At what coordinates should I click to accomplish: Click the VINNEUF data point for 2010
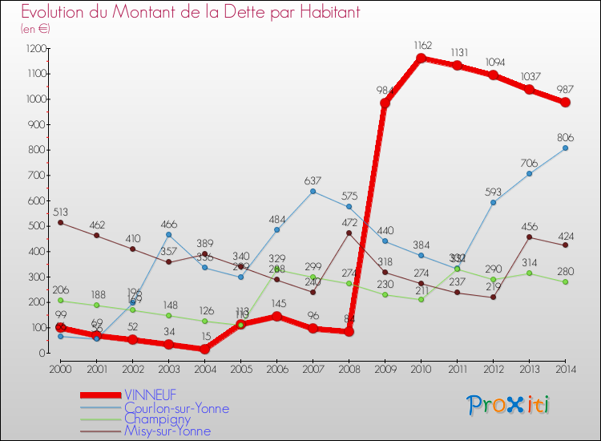422,59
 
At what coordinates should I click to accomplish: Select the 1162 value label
422,45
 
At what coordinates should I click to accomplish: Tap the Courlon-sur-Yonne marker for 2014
566,148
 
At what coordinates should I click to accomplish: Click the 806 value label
566,136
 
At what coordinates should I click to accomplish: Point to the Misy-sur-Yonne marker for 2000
60,222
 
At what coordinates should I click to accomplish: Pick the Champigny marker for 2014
566,281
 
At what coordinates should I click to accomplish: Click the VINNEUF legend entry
152,395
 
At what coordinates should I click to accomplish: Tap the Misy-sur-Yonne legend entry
167,431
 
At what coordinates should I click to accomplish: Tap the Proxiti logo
510,404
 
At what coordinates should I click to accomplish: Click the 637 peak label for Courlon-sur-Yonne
313,180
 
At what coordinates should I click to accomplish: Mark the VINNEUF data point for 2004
204,349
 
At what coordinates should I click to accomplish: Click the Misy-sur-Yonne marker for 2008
349,233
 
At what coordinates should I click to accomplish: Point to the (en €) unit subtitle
35,29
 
